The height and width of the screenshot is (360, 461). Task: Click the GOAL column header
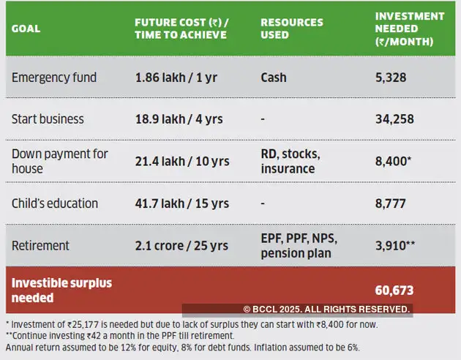pos(26,29)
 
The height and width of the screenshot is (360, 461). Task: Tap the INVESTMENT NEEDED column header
pos(409,29)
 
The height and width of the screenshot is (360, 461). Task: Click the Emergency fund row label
pos(53,77)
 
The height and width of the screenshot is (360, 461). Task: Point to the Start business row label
pos(48,119)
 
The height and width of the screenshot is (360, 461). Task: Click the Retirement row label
pos(40,245)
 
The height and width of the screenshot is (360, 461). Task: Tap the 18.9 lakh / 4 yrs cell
pos(181,119)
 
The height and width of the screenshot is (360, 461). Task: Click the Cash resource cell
pos(274,77)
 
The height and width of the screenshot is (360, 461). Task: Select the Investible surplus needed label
pos(61,290)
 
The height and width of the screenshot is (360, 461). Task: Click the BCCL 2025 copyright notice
pos(326,310)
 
